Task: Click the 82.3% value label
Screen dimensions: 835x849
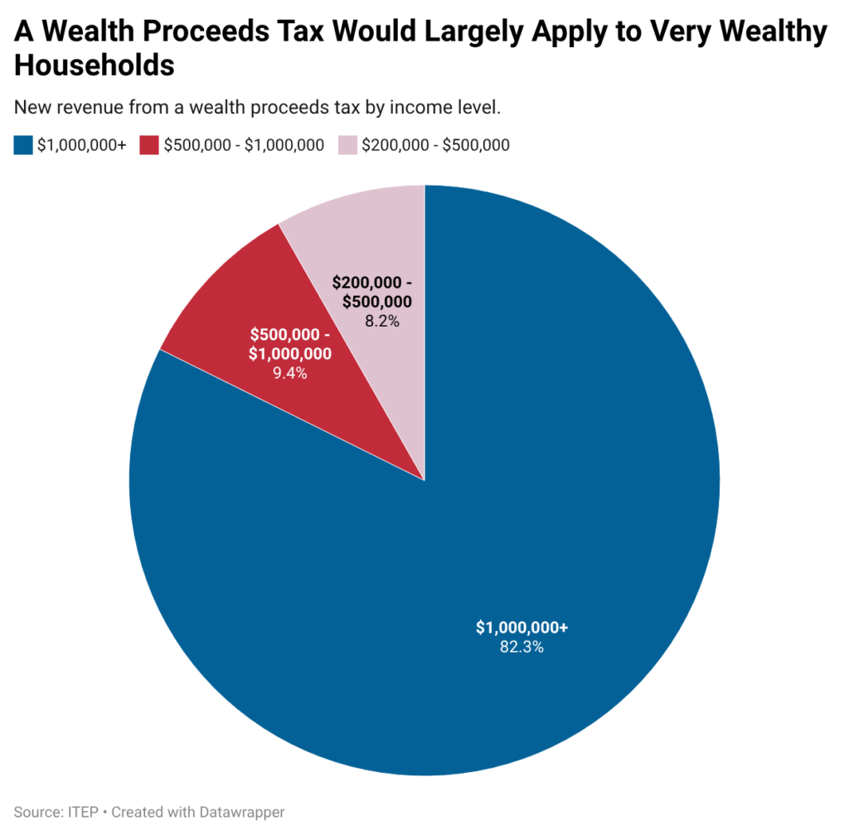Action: click(x=522, y=648)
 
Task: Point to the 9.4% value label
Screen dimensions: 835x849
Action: click(x=290, y=373)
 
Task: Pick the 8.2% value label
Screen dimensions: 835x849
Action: click(x=382, y=320)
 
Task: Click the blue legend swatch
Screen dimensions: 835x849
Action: click(x=23, y=145)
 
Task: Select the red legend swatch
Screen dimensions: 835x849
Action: click(x=149, y=145)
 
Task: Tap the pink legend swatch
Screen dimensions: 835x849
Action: click(x=347, y=145)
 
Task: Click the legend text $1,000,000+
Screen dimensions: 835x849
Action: click(x=81, y=145)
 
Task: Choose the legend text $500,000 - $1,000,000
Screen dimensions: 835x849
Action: click(x=244, y=145)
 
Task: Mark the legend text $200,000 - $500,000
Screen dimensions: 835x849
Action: click(x=435, y=145)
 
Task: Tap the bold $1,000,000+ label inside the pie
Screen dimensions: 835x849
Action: click(x=522, y=628)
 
